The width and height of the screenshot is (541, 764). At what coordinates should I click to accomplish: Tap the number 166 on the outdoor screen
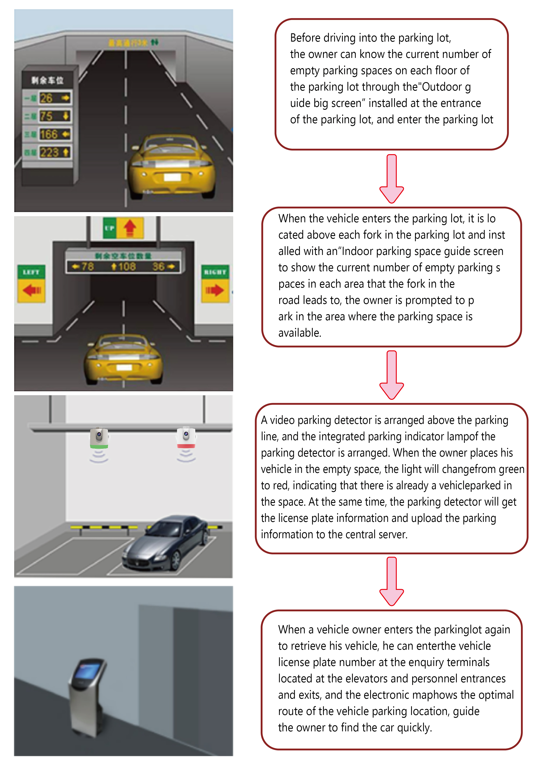click(x=49, y=134)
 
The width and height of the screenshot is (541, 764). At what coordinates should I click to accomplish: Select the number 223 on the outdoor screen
click(x=49, y=153)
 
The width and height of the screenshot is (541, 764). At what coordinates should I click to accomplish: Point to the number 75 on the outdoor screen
click(x=46, y=116)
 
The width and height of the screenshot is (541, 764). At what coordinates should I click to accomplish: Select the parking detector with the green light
click(x=99, y=438)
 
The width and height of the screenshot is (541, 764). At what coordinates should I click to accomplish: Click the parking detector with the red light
click(x=186, y=437)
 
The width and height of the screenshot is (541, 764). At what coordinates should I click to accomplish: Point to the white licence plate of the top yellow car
click(x=172, y=177)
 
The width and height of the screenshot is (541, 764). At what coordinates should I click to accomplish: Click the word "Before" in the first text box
click(x=305, y=38)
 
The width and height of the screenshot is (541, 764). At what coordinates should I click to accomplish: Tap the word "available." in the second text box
click(x=300, y=333)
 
